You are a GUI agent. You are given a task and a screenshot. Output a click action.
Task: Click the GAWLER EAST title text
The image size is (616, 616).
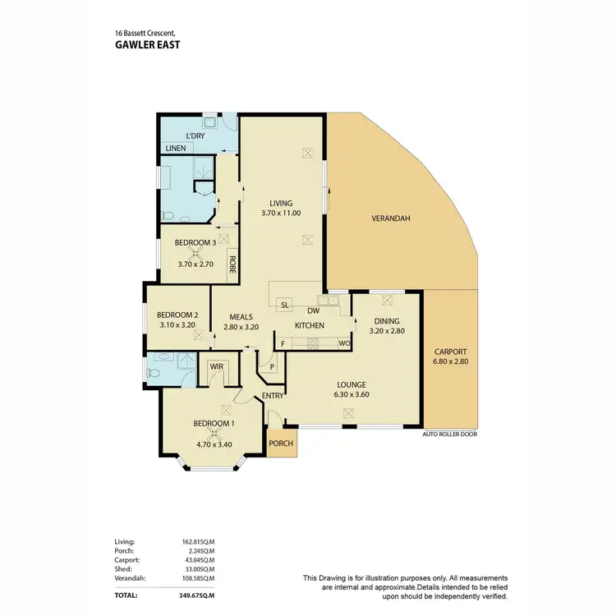147,45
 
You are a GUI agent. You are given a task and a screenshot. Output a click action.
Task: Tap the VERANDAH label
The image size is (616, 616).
390,218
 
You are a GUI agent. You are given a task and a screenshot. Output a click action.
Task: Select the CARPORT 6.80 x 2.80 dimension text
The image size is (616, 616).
451,362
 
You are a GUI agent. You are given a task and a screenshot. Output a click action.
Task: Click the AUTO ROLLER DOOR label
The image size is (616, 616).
449,434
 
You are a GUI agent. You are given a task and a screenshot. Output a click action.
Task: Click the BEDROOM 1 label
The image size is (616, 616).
214,423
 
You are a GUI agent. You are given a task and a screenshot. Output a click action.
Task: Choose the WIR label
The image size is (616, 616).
217,366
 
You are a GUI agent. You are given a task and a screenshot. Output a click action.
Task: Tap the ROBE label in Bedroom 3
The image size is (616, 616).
232,264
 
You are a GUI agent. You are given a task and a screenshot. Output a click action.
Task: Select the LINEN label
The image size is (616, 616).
176,149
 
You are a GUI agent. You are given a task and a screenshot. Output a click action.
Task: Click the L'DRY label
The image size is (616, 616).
195,135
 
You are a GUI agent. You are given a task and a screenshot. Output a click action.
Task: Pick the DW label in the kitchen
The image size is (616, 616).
313,310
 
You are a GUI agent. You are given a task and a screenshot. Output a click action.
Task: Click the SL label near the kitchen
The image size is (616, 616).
285,305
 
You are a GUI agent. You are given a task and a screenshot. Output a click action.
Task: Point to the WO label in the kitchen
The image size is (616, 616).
344,342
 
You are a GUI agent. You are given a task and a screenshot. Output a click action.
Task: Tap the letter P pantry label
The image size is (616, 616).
272,366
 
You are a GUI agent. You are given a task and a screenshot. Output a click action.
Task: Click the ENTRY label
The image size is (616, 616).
273,397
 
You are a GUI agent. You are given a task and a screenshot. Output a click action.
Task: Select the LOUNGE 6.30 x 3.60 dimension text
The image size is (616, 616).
351,394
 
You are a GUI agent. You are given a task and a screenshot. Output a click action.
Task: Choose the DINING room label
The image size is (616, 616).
386,321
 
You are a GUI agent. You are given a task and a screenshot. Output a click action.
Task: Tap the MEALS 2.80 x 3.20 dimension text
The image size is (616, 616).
241,326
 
